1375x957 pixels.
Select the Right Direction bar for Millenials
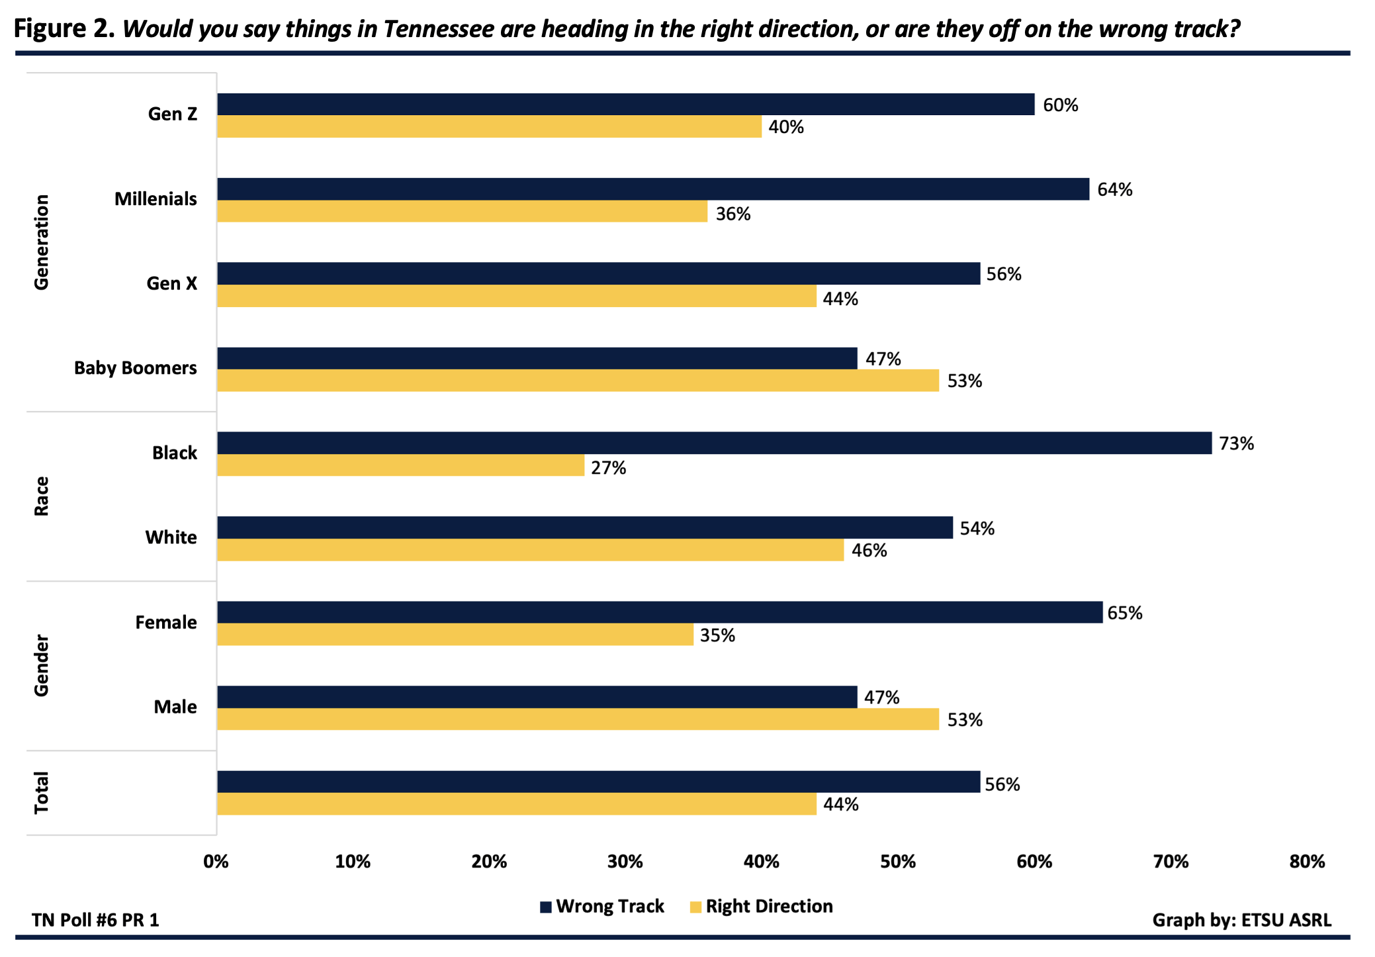(x=462, y=211)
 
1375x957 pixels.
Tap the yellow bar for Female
(x=455, y=634)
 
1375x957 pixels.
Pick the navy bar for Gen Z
(x=625, y=105)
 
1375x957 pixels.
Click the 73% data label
(x=1236, y=443)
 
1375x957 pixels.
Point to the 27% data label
(x=608, y=468)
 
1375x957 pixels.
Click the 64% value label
(x=1114, y=190)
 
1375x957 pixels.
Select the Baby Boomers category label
(x=135, y=368)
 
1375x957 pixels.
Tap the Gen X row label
(x=171, y=283)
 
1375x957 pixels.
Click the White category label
(x=171, y=537)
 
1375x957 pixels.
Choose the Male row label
(x=175, y=707)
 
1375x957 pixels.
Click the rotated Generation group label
(x=42, y=242)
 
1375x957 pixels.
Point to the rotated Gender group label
(x=42, y=665)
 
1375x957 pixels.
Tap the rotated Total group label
(x=42, y=792)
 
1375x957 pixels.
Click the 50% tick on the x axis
(x=897, y=862)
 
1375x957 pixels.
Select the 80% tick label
(x=1306, y=862)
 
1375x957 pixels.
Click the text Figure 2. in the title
(x=64, y=29)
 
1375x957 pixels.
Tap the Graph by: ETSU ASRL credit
(x=1241, y=920)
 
